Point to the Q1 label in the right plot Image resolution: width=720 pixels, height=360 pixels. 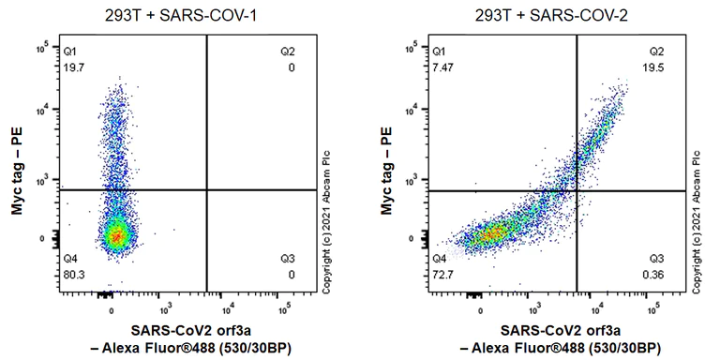click(440, 54)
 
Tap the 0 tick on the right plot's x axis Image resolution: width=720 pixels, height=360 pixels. click(480, 306)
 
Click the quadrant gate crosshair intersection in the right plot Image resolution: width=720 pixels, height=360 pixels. click(576, 191)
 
